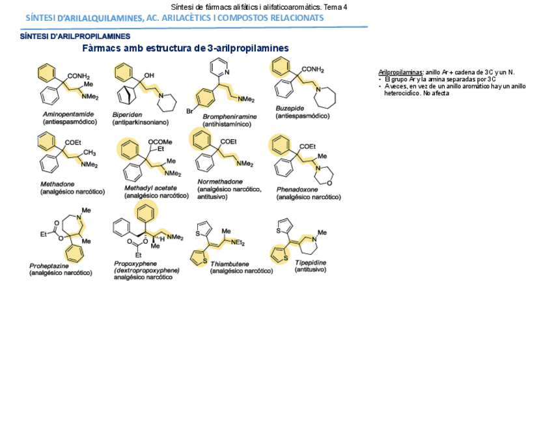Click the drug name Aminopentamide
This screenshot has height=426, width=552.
tap(68, 114)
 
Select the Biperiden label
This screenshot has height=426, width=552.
tap(126, 114)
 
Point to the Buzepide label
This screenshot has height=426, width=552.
tap(289, 109)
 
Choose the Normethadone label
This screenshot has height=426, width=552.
tap(220, 181)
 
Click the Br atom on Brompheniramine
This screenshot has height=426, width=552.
tap(189, 111)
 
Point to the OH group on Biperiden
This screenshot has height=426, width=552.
tap(149, 75)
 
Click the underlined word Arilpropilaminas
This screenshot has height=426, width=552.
tap(400, 72)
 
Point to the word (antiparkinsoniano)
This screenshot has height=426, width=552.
tap(141, 122)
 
